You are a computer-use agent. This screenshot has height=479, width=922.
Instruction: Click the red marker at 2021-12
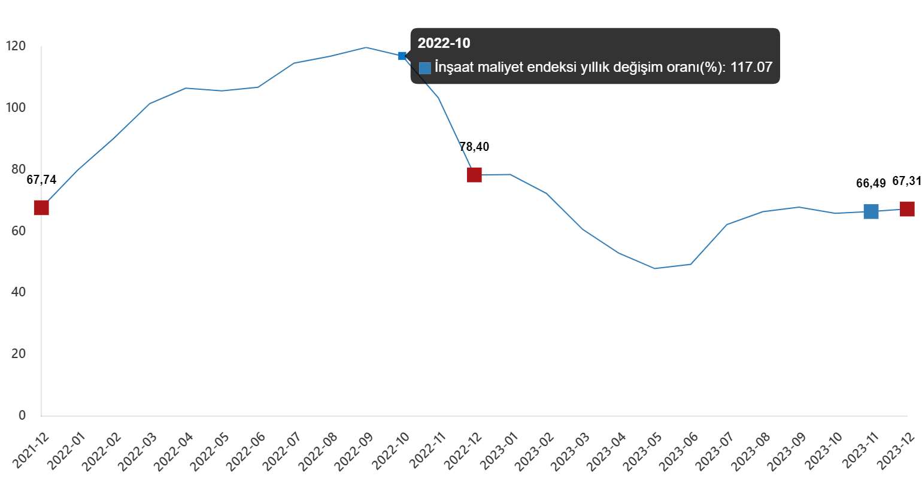point(41,208)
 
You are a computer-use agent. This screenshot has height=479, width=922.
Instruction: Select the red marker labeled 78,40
point(474,175)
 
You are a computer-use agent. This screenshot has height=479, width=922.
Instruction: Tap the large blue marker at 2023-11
point(871,211)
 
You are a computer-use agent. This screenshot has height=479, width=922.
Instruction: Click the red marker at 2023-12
point(907,209)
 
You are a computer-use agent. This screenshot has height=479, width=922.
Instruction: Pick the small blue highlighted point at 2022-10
point(402,56)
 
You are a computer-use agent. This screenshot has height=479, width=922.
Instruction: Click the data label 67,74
point(41,180)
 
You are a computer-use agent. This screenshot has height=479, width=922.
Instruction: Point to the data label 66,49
point(871,183)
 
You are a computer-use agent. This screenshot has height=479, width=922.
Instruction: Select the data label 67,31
point(906,181)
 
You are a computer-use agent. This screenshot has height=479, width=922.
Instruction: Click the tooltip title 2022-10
point(444,43)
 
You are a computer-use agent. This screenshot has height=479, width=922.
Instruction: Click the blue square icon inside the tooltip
point(425,68)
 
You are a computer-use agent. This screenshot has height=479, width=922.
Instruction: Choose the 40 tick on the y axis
point(18,292)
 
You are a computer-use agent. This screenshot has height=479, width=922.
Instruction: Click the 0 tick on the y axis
point(22,415)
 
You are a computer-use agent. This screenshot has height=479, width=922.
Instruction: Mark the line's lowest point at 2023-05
point(654,268)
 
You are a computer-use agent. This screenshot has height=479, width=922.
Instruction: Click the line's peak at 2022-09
point(366,47)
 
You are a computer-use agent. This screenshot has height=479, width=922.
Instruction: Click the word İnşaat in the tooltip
point(456,67)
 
